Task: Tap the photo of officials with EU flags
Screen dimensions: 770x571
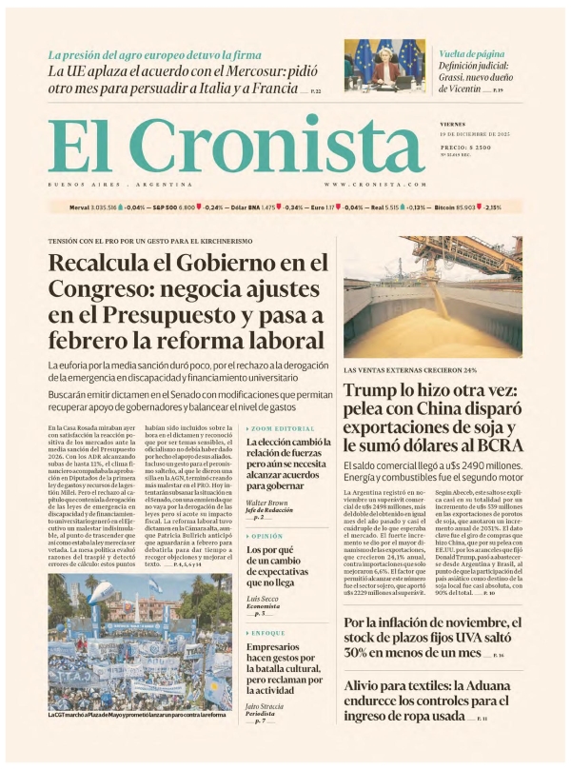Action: [x=384, y=64]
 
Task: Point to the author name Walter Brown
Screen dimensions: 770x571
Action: [x=266, y=502]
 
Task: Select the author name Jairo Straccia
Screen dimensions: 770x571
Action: [x=266, y=707]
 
